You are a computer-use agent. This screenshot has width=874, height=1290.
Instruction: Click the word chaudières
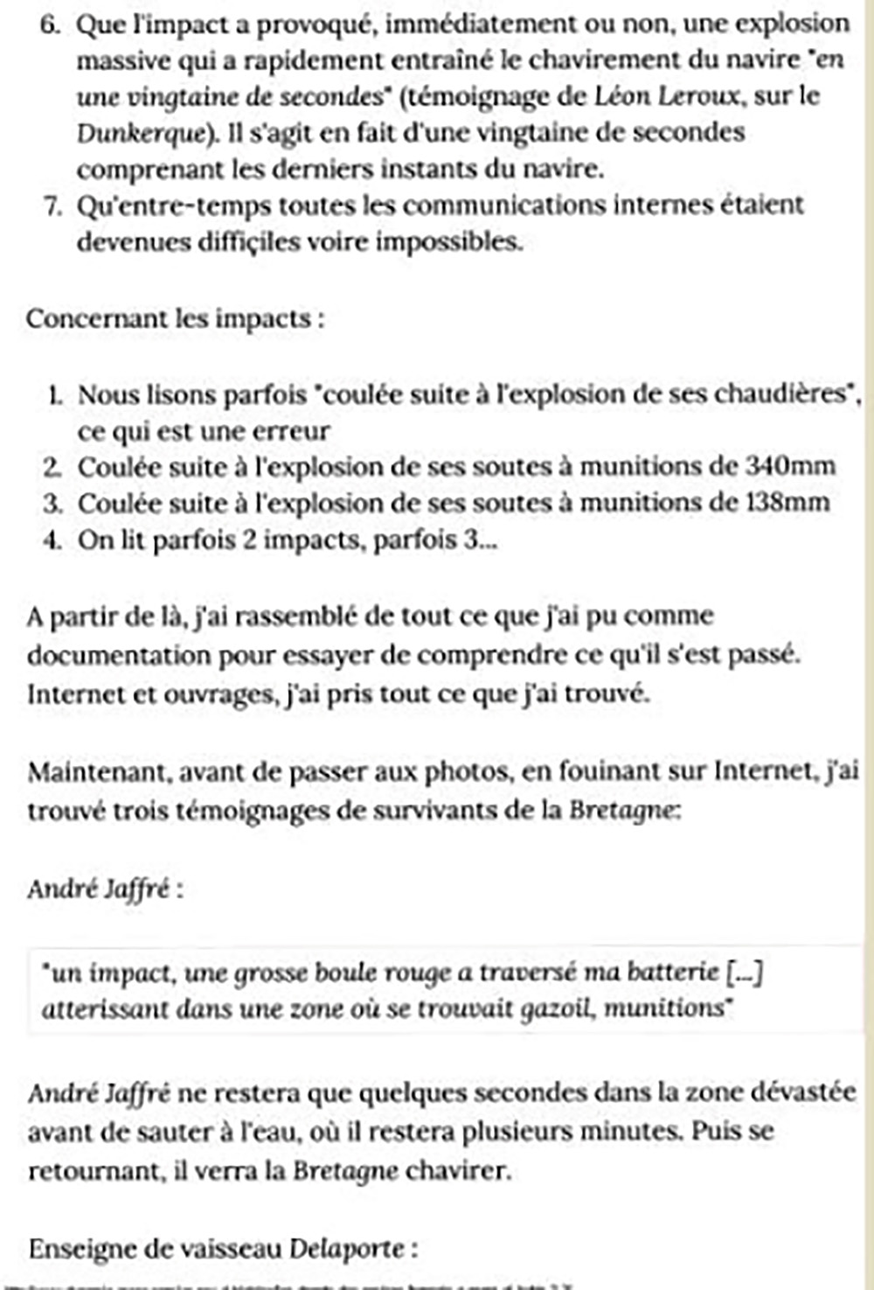point(781,394)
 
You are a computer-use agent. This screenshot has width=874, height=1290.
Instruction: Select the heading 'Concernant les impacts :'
point(176,318)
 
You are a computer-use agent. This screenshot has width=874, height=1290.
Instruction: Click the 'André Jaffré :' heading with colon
point(105,889)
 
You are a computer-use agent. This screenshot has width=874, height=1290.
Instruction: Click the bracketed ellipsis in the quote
point(746,972)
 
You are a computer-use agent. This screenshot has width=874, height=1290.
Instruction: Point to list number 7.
point(52,206)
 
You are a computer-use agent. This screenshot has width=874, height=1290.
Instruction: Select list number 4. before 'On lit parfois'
point(52,540)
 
